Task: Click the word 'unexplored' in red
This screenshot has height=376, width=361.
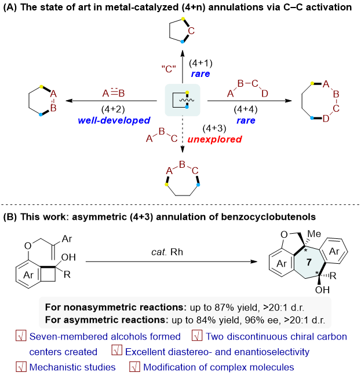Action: tap(214, 139)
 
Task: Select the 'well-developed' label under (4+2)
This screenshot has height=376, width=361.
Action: tap(114, 120)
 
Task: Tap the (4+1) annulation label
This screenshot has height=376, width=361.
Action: tap(201, 63)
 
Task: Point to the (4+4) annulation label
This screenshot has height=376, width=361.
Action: tap(246, 109)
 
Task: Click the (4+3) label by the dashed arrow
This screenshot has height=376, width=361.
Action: tap(214, 128)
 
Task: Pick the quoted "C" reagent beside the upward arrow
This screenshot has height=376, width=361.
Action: tap(169, 69)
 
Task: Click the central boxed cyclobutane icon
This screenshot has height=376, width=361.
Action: tap(183, 100)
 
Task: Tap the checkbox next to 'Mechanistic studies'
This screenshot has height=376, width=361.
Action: tap(21, 367)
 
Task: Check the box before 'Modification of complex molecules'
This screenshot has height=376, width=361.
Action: tap(135, 367)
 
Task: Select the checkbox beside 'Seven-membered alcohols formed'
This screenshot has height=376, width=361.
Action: tap(21, 336)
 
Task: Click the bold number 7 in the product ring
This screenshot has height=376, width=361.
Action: tap(309, 263)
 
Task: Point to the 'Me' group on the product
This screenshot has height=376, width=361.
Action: tap(314, 234)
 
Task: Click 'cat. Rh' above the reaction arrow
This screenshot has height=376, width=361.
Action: tap(167, 252)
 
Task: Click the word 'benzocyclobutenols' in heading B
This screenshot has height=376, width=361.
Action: tap(268, 217)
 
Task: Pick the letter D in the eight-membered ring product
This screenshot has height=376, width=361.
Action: tap(326, 119)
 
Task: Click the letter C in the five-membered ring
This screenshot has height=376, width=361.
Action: tap(191, 31)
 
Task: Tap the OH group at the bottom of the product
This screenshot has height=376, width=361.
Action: tap(322, 290)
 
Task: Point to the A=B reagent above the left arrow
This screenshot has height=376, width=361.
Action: tap(114, 93)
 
